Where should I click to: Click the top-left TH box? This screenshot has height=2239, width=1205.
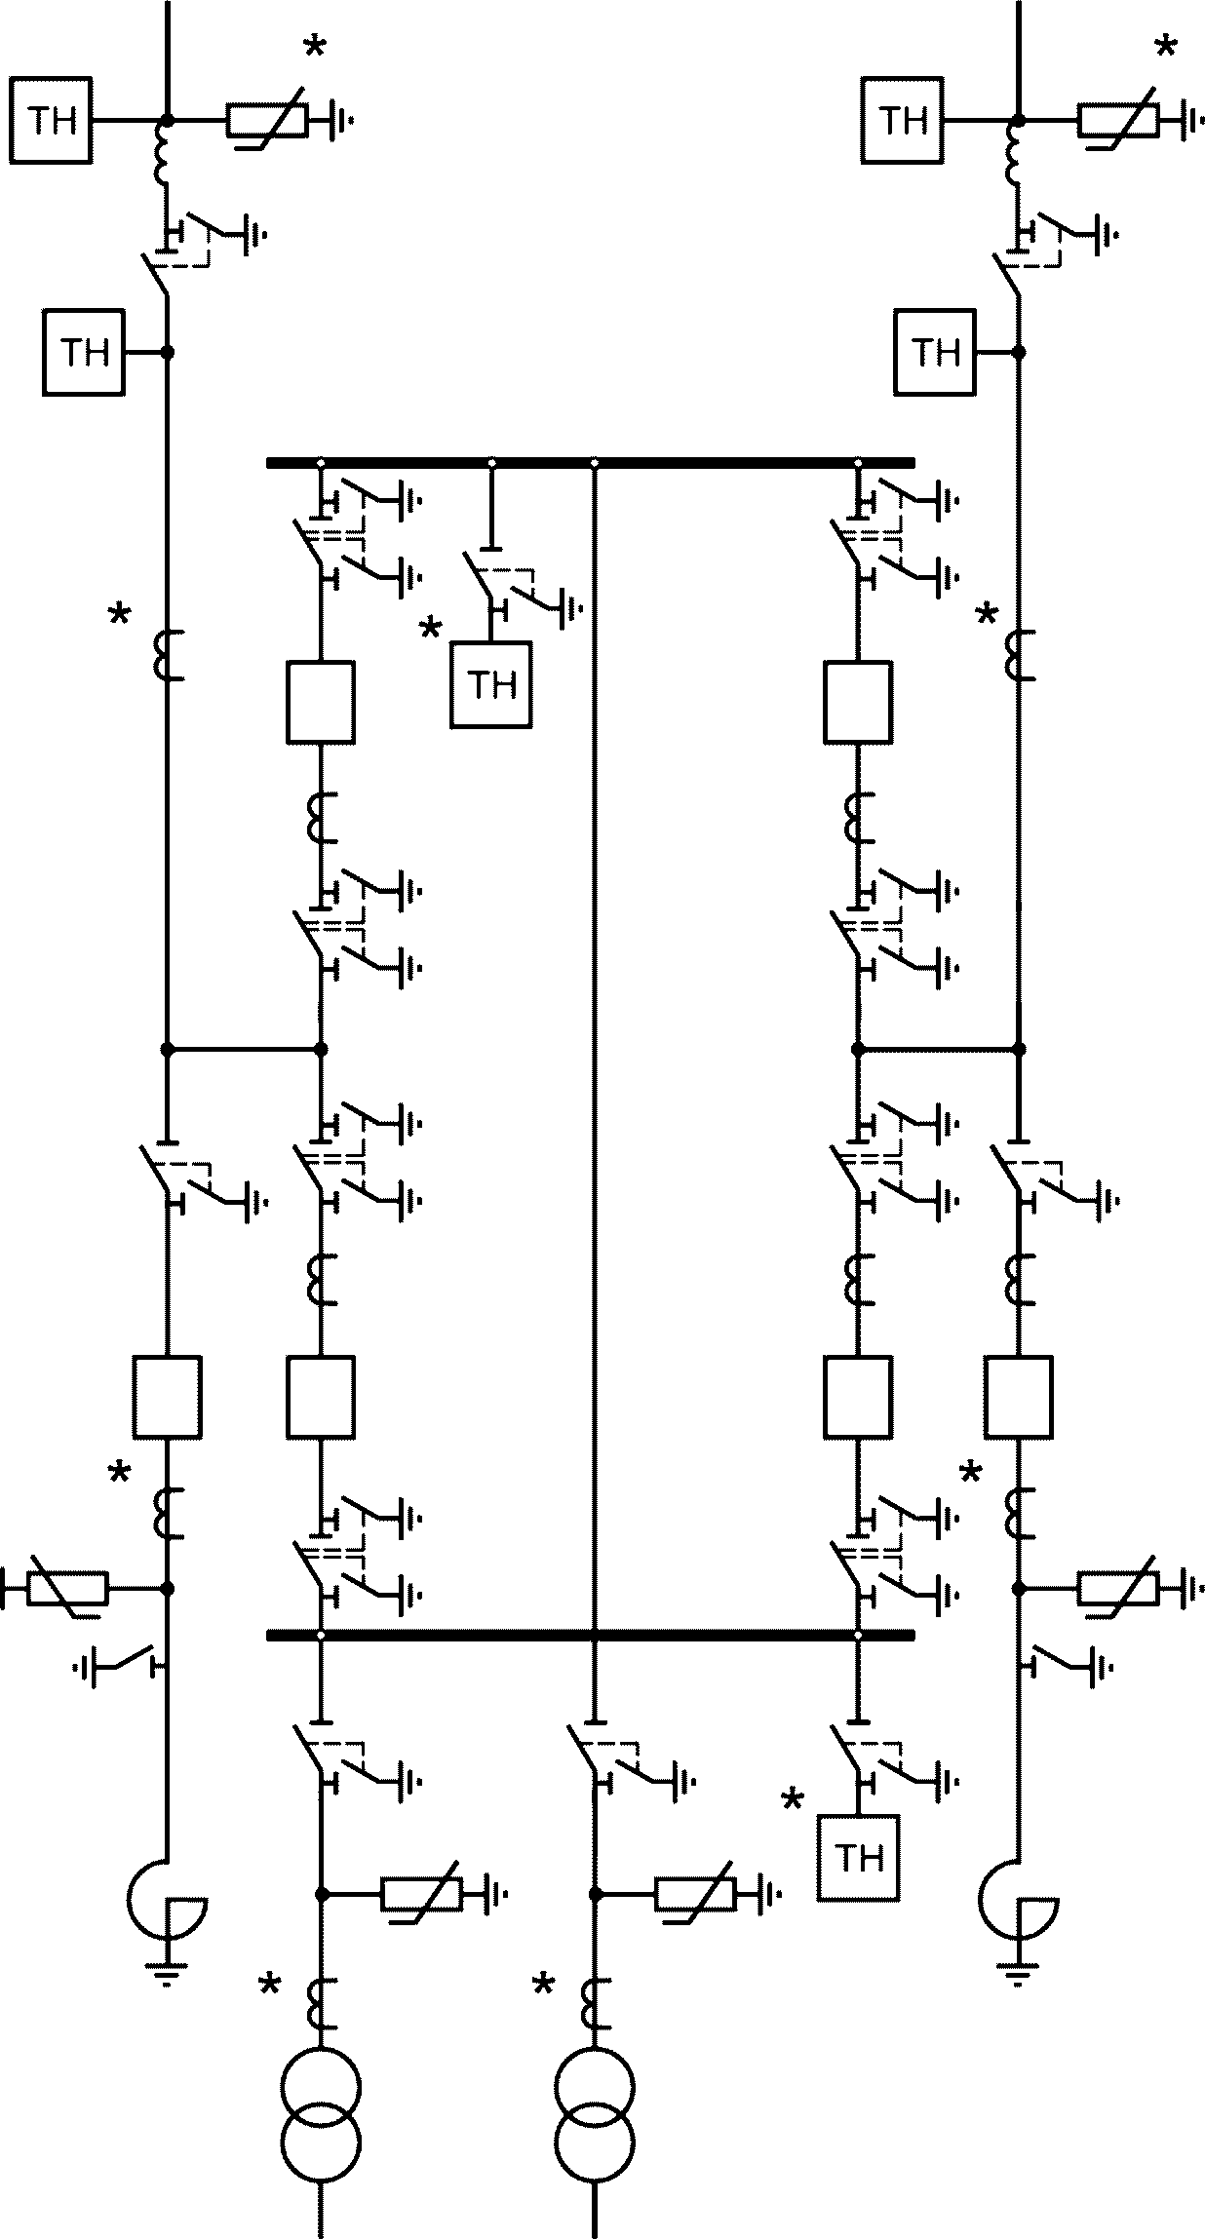[x=52, y=121]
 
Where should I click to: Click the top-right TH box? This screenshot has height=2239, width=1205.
[x=903, y=121]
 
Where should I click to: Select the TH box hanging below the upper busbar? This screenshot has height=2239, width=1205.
[x=491, y=684]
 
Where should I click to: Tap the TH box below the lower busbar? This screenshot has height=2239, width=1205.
[x=859, y=1858]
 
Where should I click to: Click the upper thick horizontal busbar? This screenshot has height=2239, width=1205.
[x=591, y=462]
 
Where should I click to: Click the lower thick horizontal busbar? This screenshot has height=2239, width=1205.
[x=591, y=1635]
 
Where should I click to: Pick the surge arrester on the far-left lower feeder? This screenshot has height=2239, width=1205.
[x=66, y=1588]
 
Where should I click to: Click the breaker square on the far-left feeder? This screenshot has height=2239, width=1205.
[x=167, y=1397]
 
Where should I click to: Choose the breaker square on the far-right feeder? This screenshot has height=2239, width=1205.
[x=1019, y=1397]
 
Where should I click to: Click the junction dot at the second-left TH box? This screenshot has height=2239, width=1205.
[x=167, y=352]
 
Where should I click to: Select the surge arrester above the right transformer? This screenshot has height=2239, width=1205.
[x=695, y=1894]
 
